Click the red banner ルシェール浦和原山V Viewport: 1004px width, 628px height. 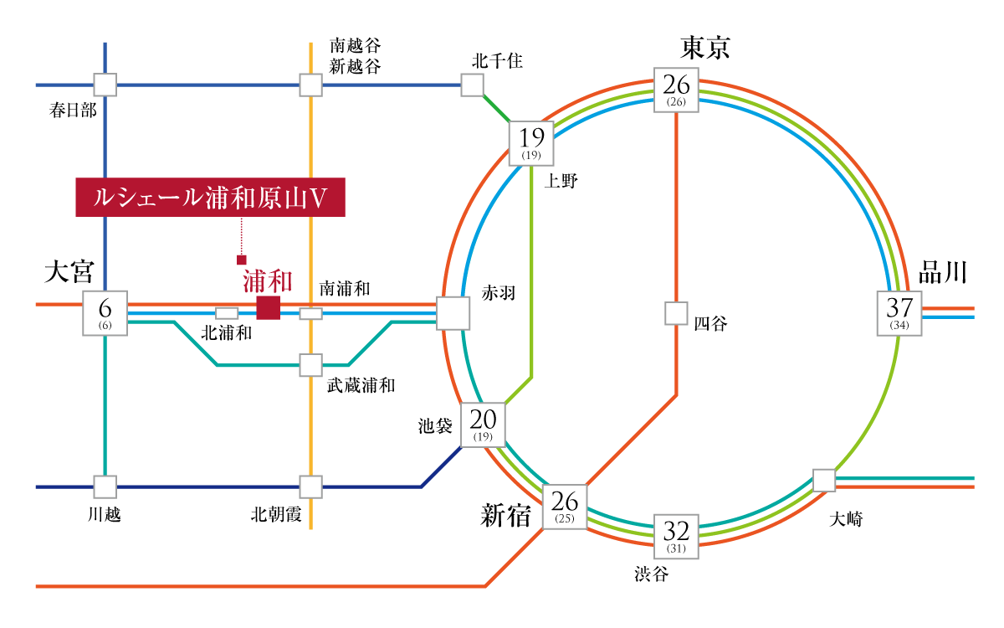[x=210, y=198]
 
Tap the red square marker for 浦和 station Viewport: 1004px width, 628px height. [x=268, y=308]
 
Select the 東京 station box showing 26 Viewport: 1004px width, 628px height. [x=676, y=89]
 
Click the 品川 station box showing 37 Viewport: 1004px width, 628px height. [x=899, y=313]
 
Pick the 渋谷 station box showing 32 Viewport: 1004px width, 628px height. [x=676, y=536]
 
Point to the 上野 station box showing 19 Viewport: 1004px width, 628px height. [x=532, y=142]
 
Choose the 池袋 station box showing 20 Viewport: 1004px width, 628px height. [x=484, y=425]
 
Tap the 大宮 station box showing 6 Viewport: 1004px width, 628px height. [x=105, y=313]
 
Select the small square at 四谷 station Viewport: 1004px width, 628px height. [x=676, y=313]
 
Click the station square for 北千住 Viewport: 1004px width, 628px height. [x=472, y=85]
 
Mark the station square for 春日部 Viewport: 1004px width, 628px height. [x=105, y=85]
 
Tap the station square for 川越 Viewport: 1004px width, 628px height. [x=105, y=486]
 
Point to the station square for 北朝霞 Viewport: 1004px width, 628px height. [x=310, y=486]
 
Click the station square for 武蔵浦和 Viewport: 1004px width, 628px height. [x=310, y=365]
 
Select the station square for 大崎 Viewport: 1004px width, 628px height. [x=824, y=481]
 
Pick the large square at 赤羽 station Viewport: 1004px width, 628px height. [x=453, y=313]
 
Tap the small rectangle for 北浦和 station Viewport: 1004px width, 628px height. [x=227, y=313]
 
